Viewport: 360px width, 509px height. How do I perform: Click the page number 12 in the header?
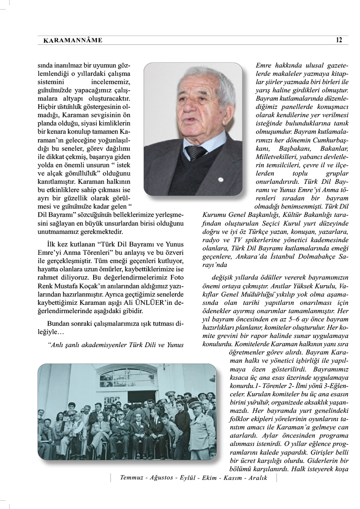[x=339, y=40]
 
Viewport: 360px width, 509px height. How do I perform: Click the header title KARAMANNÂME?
[x=73, y=40]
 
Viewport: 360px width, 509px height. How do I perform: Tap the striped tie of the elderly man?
[x=196, y=152]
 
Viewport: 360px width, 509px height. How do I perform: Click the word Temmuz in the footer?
[x=133, y=478]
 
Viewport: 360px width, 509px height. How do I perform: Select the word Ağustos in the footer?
[x=161, y=478]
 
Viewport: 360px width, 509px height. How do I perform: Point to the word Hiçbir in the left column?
[x=47, y=105]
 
